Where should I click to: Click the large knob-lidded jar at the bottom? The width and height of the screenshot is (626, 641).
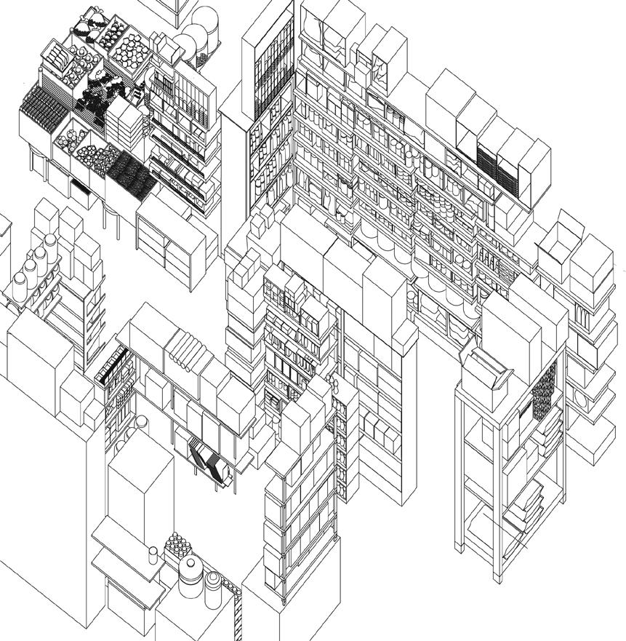(x=190, y=575)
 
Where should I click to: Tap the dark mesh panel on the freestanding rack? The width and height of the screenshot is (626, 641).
(x=544, y=389)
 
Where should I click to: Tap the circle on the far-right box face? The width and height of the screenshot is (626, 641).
(x=581, y=399)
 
